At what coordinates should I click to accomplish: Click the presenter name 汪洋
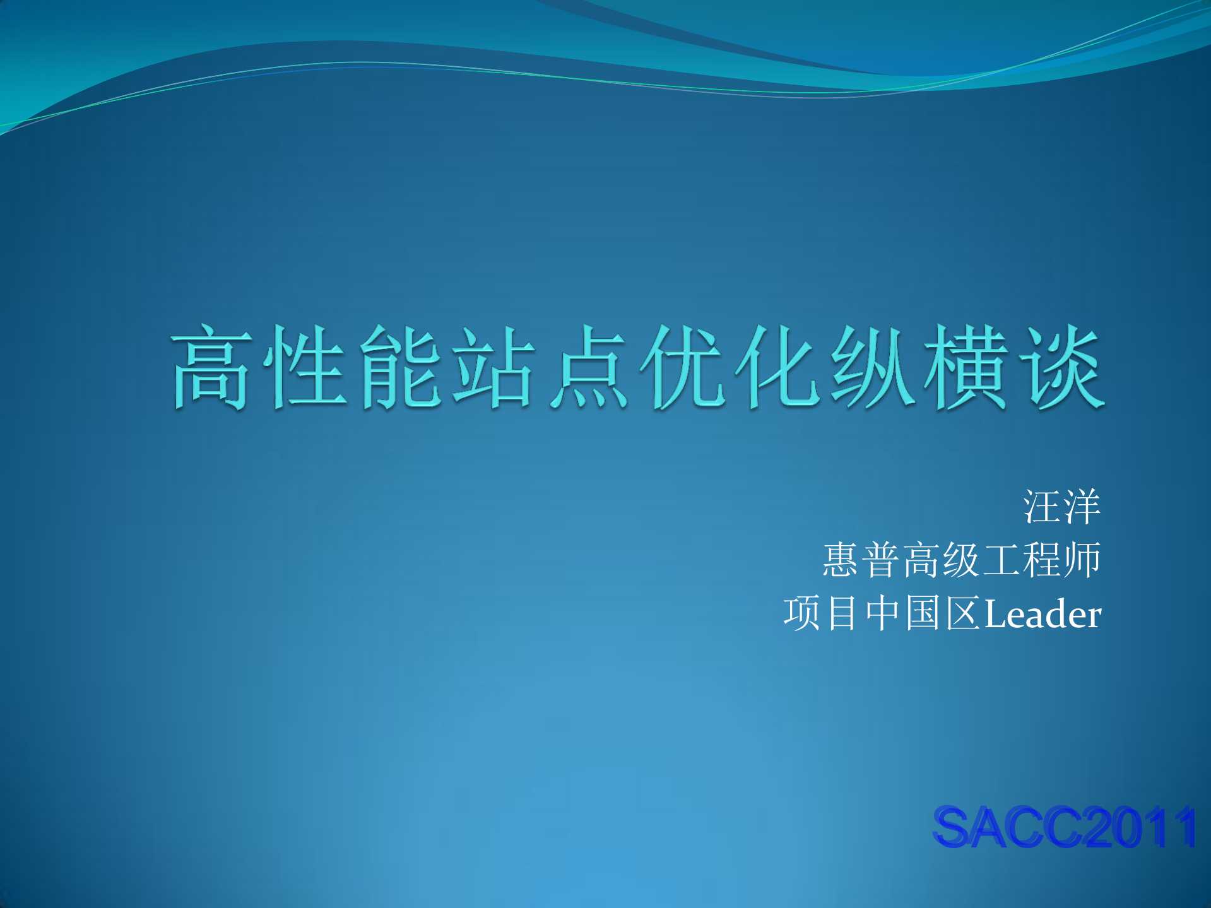click(1062, 507)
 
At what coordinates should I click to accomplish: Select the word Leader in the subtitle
click(1043, 614)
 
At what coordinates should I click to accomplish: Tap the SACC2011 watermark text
click(1065, 827)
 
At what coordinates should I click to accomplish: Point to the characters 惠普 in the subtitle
click(861, 560)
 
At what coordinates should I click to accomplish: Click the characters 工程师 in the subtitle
click(1043, 560)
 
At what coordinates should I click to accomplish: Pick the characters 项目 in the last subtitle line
click(822, 613)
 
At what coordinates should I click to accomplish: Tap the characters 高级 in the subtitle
click(942, 560)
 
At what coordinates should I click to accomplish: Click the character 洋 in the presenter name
click(1082, 507)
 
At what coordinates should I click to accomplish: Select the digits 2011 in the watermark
click(1142, 827)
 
